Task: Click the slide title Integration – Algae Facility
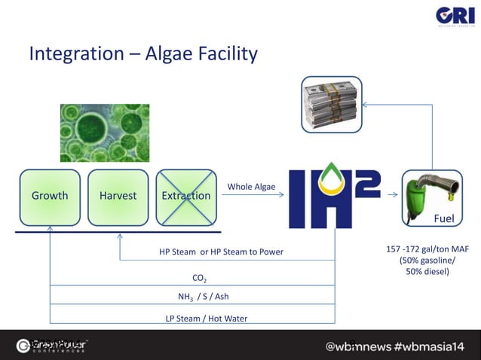coord(143,54)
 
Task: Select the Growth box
coord(50,196)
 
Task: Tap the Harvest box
coord(118,196)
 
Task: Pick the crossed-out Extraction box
coord(186,196)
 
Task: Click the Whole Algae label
coord(251,187)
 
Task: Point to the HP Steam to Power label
coord(221,252)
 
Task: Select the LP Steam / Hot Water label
coord(206,319)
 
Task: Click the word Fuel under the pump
coord(443,218)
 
